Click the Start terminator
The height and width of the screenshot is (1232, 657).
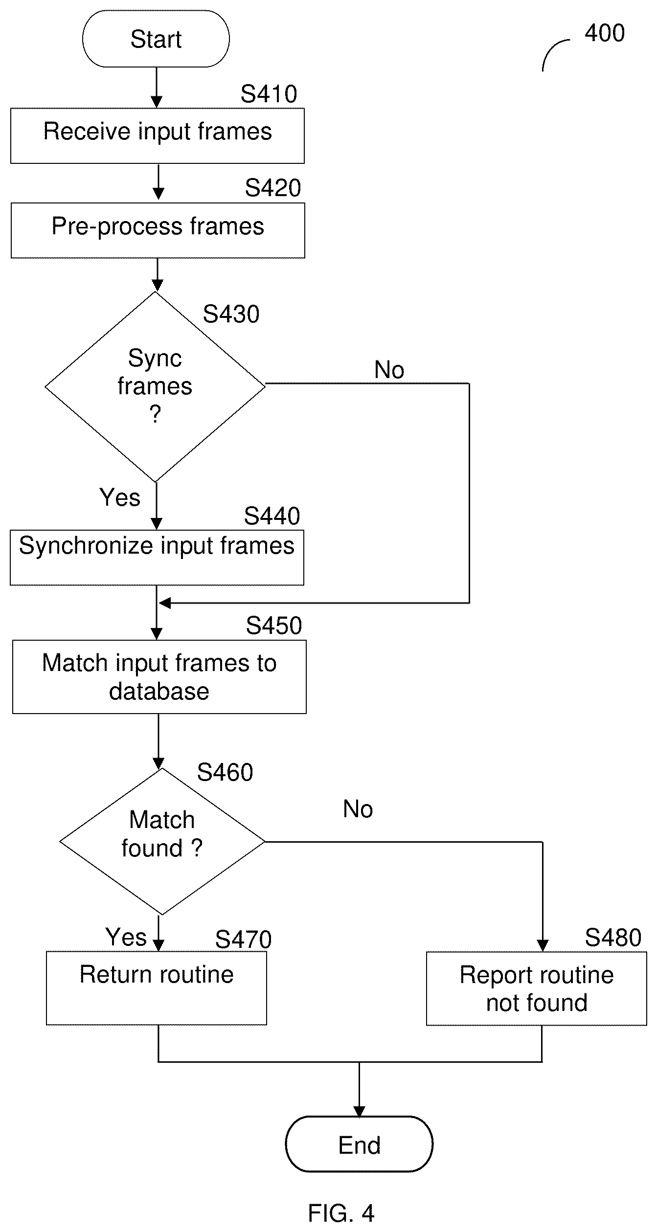click(x=156, y=39)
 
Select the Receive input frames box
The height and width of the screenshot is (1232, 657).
click(x=158, y=135)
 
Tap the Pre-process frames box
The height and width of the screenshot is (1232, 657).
click(x=158, y=230)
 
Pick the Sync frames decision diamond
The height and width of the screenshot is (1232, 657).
click(x=155, y=387)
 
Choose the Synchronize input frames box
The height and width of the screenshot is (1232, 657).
click(x=157, y=558)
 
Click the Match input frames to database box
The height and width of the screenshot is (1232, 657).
click(x=159, y=677)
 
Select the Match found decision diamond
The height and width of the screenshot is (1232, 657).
click(x=162, y=841)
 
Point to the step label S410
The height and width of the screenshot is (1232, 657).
click(x=269, y=94)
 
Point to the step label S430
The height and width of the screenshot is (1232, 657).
click(x=231, y=314)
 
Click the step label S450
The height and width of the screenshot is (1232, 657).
click(x=274, y=626)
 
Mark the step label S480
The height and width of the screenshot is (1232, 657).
click(x=613, y=938)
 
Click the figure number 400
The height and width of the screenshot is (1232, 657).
click(x=605, y=33)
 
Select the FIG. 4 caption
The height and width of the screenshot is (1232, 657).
click(x=341, y=1213)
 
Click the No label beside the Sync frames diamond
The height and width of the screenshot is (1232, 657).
click(x=389, y=370)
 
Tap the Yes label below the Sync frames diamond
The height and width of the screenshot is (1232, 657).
click(x=120, y=498)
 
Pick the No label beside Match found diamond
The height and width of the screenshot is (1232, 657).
click(x=358, y=809)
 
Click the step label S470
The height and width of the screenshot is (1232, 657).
click(x=243, y=940)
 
